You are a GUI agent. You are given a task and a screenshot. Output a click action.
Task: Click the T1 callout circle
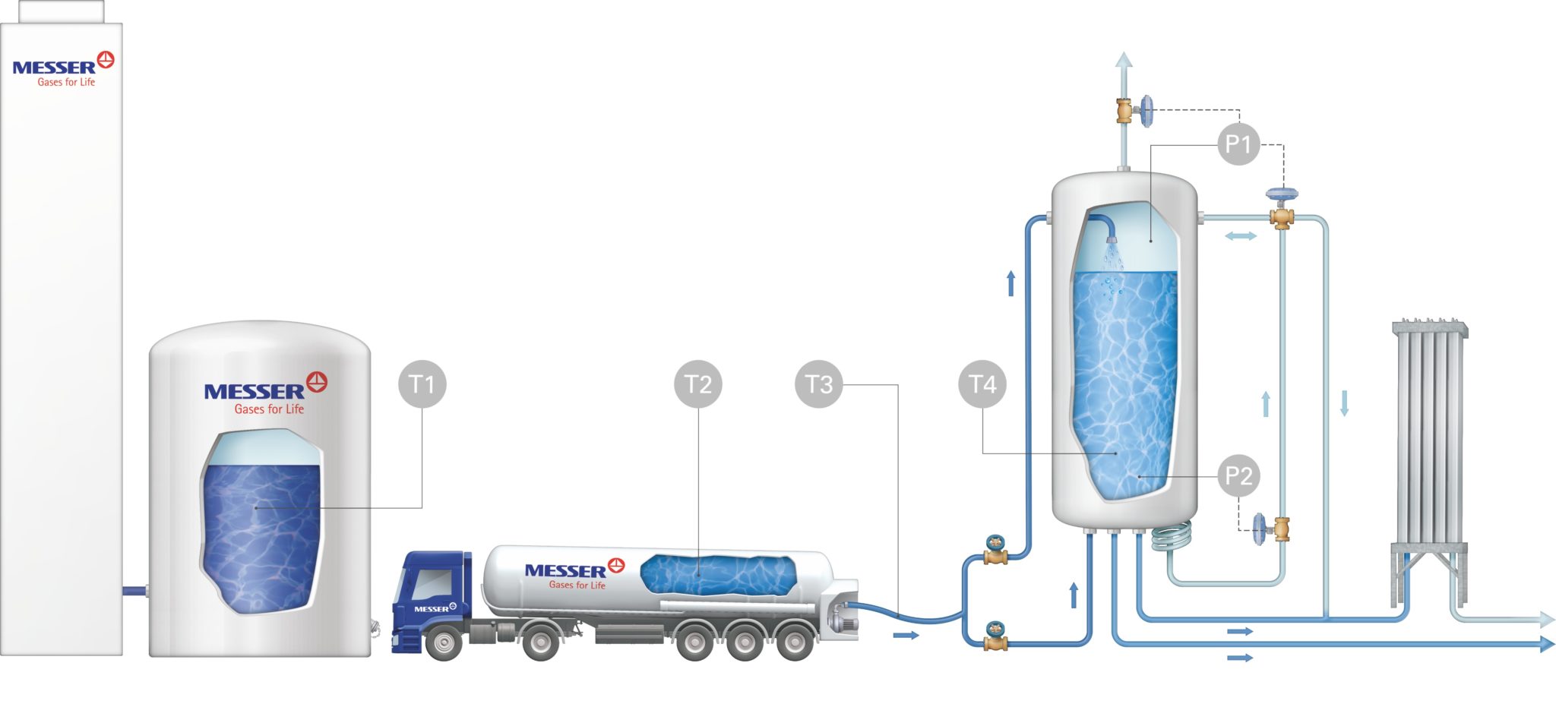[422, 384]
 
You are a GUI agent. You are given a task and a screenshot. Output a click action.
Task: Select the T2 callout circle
[698, 384]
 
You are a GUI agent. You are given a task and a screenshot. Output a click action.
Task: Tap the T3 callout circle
[819, 384]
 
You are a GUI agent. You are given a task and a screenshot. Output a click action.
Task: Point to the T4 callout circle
[982, 384]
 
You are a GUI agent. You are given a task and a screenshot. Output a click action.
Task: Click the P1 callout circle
[1238, 144]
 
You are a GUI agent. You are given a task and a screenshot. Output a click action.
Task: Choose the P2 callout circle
[1238, 476]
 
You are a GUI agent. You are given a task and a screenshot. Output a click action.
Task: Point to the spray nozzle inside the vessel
[1112, 238]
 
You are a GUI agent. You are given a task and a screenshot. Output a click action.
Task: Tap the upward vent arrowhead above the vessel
[1123, 60]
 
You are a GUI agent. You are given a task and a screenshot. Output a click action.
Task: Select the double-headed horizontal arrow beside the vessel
[1241, 236]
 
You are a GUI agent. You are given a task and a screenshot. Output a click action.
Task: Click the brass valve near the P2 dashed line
[1281, 528]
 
